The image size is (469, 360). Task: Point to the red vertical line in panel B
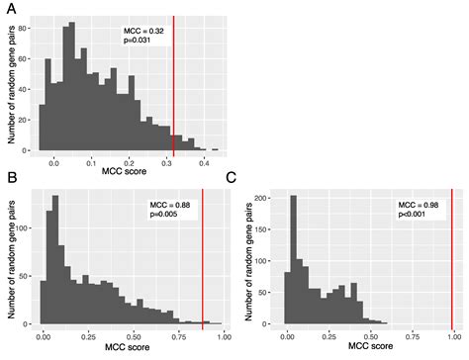click(x=202, y=257)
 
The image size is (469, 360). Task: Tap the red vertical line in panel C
click(x=451, y=257)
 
